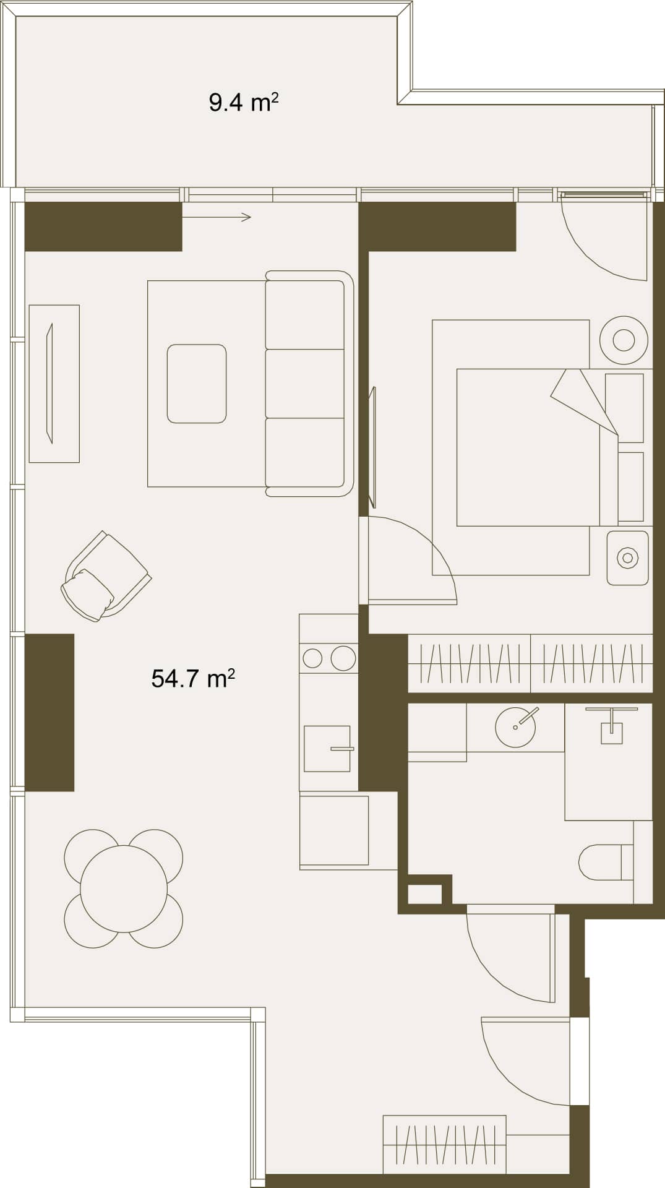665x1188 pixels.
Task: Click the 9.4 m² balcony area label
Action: pyautogui.click(x=243, y=102)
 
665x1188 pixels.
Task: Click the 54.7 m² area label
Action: pyautogui.click(x=193, y=679)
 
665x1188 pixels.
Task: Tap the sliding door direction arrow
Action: pyautogui.click(x=217, y=217)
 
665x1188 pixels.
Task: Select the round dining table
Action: pyautogui.click(x=124, y=889)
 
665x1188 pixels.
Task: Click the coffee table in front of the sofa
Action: pyautogui.click(x=197, y=384)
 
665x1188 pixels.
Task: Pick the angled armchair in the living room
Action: pyautogui.click(x=106, y=576)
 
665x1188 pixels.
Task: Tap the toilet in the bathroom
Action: pyautogui.click(x=606, y=862)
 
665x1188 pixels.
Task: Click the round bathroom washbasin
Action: pyautogui.click(x=515, y=727)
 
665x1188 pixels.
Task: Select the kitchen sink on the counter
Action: pyautogui.click(x=327, y=749)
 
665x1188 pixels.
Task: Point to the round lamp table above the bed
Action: pyautogui.click(x=624, y=340)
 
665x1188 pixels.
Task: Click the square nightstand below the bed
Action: pyautogui.click(x=627, y=558)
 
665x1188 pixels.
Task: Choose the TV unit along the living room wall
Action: pyautogui.click(x=54, y=384)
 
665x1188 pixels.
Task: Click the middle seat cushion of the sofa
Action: pyautogui.click(x=305, y=384)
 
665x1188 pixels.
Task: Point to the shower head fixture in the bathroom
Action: pyautogui.click(x=611, y=725)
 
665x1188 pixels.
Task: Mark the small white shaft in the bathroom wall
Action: pyautogui.click(x=425, y=894)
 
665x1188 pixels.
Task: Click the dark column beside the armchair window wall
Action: pyautogui.click(x=49, y=712)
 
